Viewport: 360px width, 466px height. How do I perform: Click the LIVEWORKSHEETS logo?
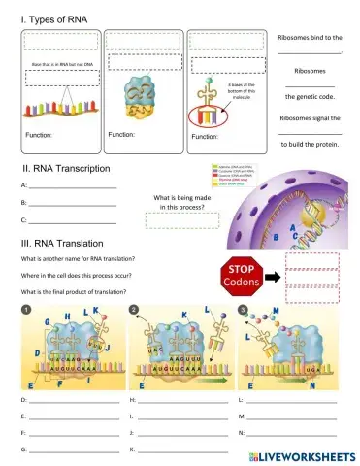pos(299,455)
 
